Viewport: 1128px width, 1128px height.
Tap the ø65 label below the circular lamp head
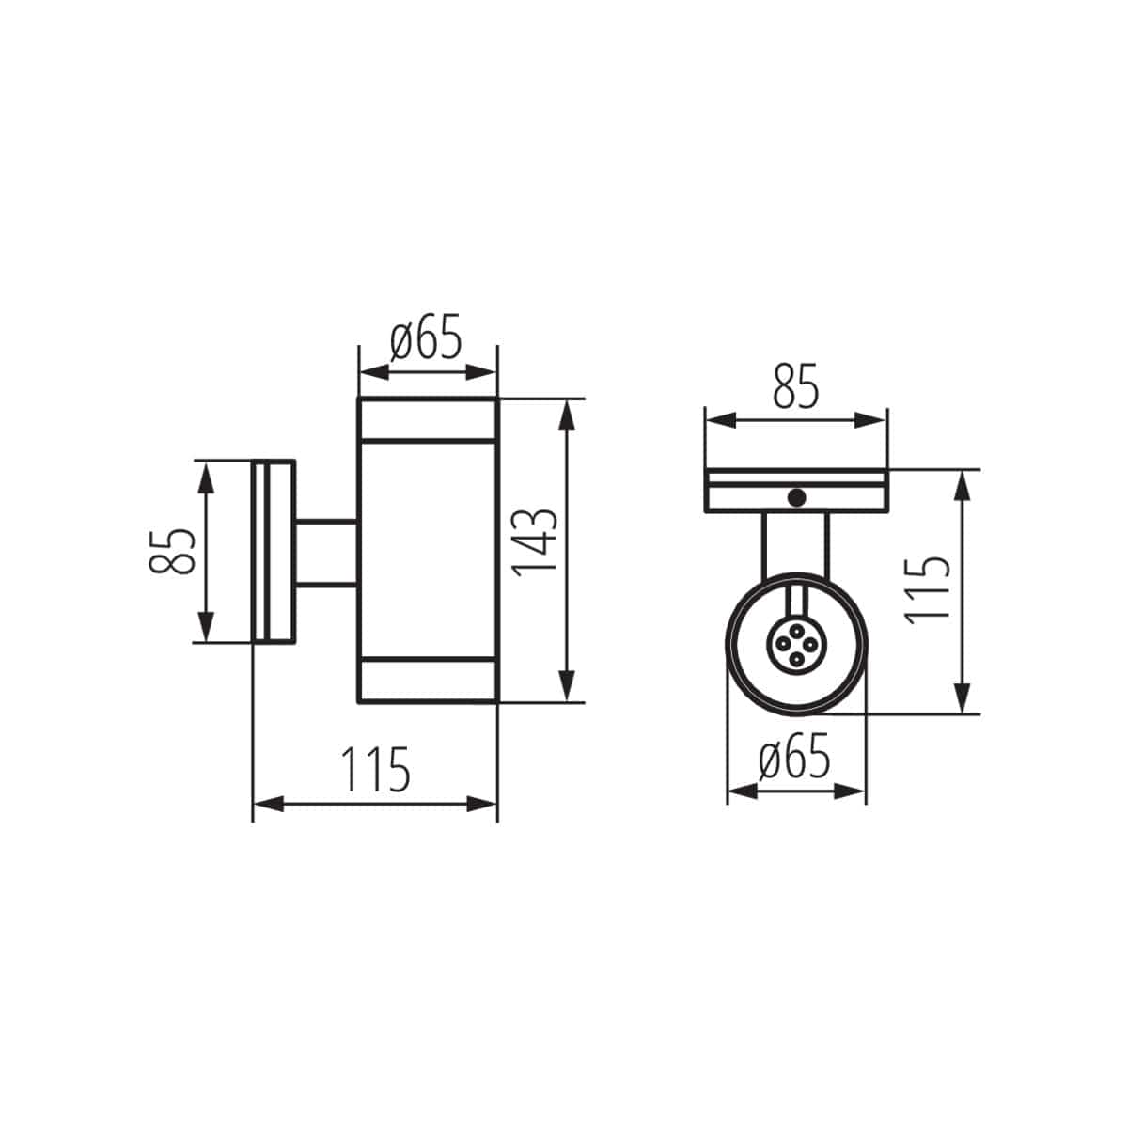794,759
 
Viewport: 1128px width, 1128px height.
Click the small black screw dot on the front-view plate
797,498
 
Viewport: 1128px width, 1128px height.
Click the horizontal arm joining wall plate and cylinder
326,552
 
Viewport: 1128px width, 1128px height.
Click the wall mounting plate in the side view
274,552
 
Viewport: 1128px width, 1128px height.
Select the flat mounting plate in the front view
795,491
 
